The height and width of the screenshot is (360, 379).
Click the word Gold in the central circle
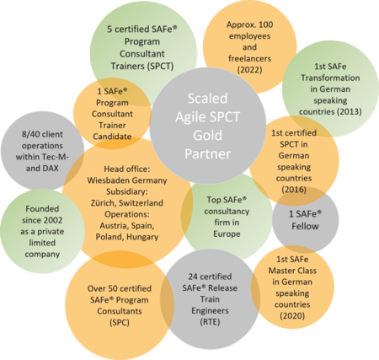pyautogui.click(x=207, y=135)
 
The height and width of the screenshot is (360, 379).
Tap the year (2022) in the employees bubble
pyautogui.click(x=249, y=70)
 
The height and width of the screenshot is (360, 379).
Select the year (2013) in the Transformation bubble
pyautogui.click(x=350, y=111)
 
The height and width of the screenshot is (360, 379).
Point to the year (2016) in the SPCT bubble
pyautogui.click(x=294, y=190)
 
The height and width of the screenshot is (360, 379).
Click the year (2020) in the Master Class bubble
pyautogui.click(x=292, y=315)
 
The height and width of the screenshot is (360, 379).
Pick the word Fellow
pyautogui.click(x=305, y=226)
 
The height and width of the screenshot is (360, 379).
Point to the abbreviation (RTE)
pyautogui.click(x=210, y=322)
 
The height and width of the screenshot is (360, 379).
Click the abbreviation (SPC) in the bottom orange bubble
pyautogui.click(x=120, y=322)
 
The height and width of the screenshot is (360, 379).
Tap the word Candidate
pyautogui.click(x=112, y=137)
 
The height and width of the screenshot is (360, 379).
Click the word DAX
pyautogui.click(x=50, y=169)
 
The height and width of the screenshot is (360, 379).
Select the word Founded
pyautogui.click(x=42, y=209)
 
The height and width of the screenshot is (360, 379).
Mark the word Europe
pyautogui.click(x=227, y=234)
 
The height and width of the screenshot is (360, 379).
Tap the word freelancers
pyautogui.click(x=249, y=58)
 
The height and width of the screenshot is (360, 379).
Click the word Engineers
pyautogui.click(x=210, y=310)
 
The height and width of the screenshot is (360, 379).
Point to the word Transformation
pyautogui.click(x=330, y=78)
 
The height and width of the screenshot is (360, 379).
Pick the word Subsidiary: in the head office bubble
pyautogui.click(x=127, y=191)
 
